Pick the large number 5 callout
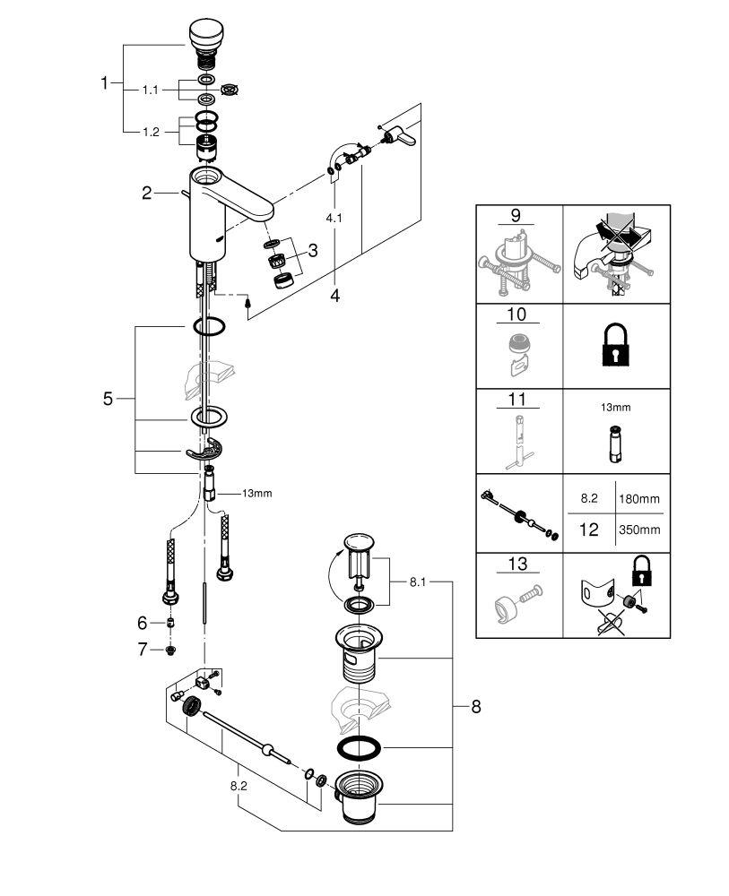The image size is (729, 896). tap(108, 399)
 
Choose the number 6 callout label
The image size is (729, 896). tap(141, 622)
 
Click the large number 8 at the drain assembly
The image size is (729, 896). tap(476, 707)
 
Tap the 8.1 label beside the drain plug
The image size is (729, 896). tap(418, 582)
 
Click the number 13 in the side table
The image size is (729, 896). tap(517, 564)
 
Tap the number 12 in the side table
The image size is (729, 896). tap(588, 529)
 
